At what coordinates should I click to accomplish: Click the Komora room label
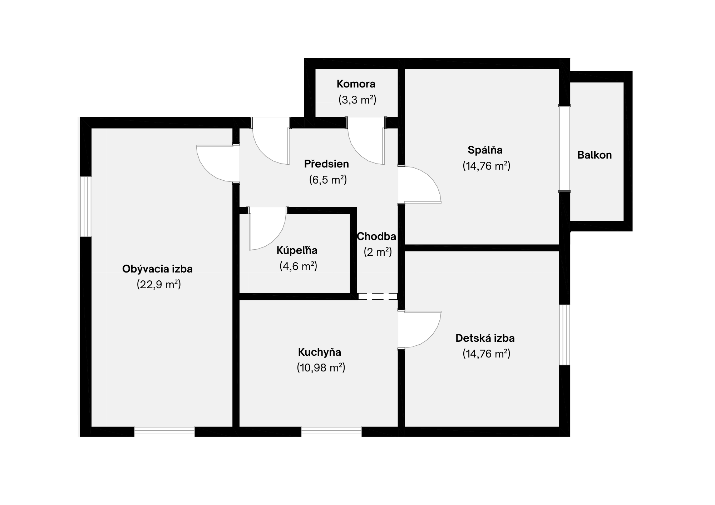click(x=356, y=84)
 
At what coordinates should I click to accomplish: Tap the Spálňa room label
click(x=485, y=150)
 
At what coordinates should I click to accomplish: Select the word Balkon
click(x=595, y=155)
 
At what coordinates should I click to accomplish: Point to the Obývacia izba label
click(x=157, y=269)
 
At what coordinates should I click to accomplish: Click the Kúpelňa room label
click(x=297, y=250)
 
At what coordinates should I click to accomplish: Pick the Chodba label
click(x=376, y=236)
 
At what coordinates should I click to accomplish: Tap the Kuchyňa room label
click(x=320, y=352)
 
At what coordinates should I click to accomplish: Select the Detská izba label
click(x=485, y=338)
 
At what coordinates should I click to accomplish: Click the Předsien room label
click(x=326, y=164)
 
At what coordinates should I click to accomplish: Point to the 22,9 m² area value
click(x=159, y=285)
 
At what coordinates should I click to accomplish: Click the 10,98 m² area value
click(x=321, y=367)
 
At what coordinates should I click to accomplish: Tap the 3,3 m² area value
click(x=357, y=100)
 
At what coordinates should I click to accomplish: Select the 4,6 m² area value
click(x=298, y=266)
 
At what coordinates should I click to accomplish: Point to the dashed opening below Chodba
click(x=378, y=296)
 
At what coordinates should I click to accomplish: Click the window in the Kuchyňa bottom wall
click(x=331, y=431)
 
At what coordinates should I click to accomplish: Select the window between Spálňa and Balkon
click(x=564, y=149)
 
